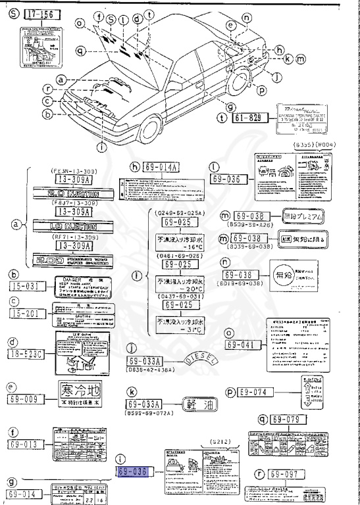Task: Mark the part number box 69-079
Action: (x=290, y=419)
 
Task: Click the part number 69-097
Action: (x=289, y=473)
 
